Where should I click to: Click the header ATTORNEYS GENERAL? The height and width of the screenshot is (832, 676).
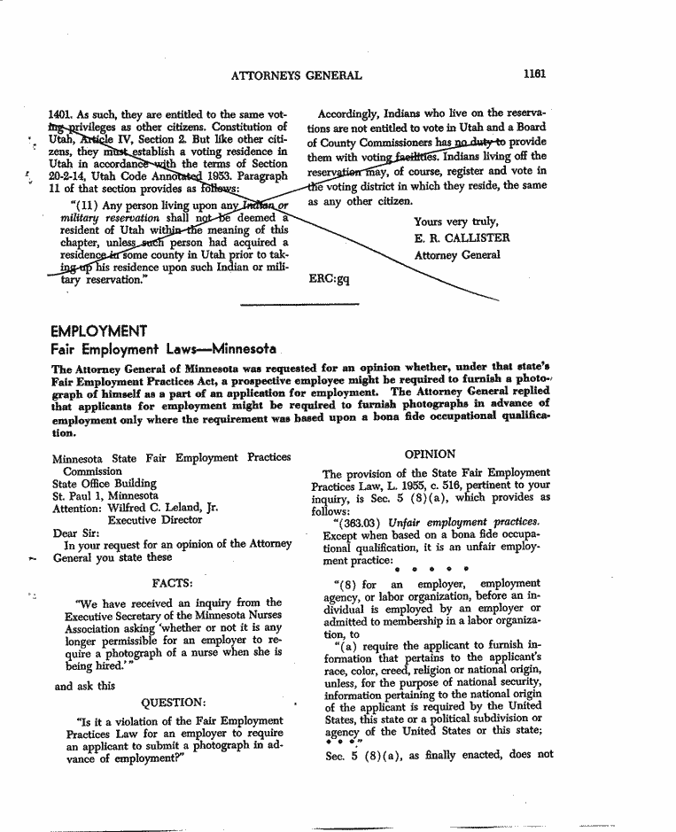pyautogui.click(x=296, y=76)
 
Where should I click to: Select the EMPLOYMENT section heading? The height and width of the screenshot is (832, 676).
pyautogui.click(x=99, y=331)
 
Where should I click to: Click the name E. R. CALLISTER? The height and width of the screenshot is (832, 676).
pyautogui.click(x=462, y=238)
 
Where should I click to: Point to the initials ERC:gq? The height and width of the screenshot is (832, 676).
pyautogui.click(x=329, y=278)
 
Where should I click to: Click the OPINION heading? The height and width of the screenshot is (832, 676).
pyautogui.click(x=430, y=455)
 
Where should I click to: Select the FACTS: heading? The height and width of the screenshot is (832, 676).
pyautogui.click(x=175, y=583)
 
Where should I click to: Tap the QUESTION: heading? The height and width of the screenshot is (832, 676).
pyautogui.click(x=174, y=704)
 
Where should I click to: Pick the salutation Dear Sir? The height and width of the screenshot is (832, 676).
pyautogui.click(x=76, y=533)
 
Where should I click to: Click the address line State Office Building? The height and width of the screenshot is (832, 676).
pyautogui.click(x=104, y=484)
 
